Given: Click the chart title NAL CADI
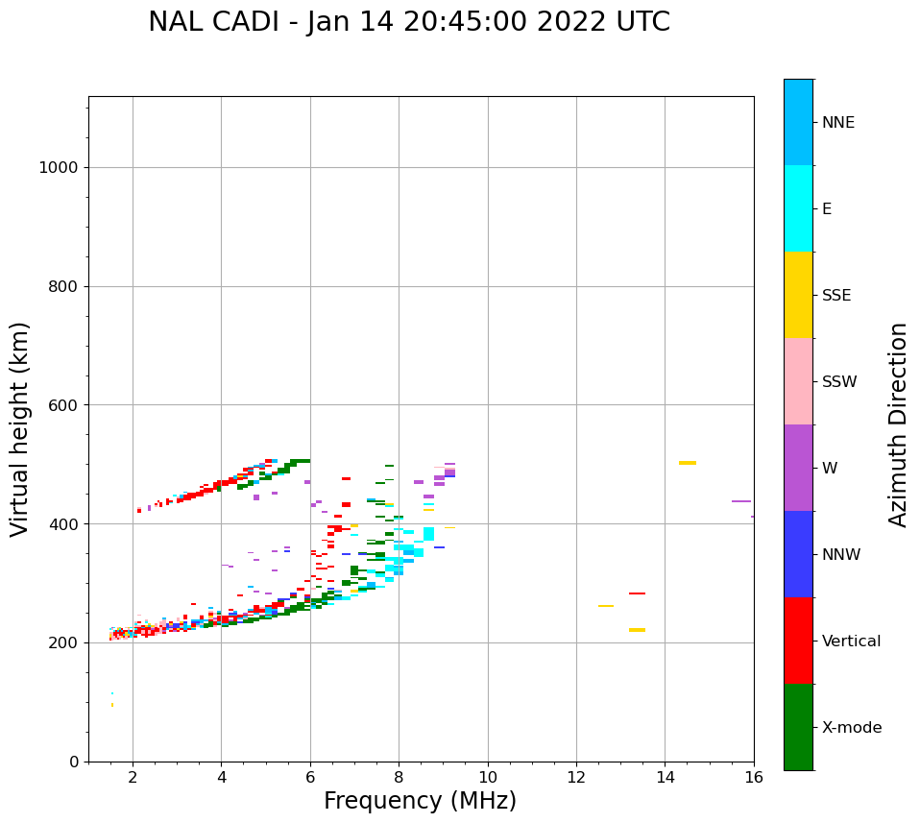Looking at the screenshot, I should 409,22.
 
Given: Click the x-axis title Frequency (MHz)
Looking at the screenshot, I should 420,801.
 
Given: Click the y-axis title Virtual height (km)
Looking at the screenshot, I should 20,428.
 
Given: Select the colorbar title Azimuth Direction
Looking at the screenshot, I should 898,424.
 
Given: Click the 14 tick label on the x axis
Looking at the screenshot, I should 666,777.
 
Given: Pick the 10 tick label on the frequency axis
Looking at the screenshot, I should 488,777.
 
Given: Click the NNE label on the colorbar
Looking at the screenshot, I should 837,123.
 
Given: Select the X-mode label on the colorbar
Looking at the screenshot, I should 851,728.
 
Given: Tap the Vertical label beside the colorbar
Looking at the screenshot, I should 851,641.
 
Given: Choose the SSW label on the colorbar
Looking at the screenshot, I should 839,382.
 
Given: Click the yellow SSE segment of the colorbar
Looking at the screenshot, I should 798,295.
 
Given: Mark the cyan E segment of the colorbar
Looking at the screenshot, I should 798,208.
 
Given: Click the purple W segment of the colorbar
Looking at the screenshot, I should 798,468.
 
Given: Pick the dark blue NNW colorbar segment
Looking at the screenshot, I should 798,554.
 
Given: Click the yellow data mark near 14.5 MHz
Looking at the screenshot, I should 688,463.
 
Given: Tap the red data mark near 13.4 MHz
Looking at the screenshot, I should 637,593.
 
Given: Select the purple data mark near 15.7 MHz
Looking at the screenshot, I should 740,501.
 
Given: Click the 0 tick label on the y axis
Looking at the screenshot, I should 74,762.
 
